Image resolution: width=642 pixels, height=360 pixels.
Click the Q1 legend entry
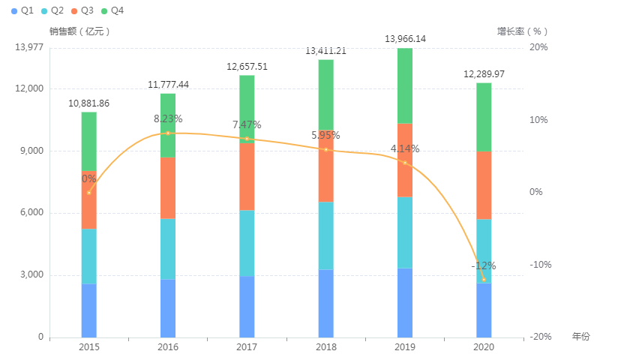click(x=22, y=10)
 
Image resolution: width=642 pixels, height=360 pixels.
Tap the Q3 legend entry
click(x=82, y=10)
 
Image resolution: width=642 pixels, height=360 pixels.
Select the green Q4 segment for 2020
click(x=484, y=116)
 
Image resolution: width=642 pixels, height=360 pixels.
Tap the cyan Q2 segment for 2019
click(x=405, y=232)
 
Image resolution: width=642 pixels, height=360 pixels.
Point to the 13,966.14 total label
click(x=405, y=38)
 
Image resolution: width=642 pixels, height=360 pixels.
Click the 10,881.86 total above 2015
click(x=89, y=103)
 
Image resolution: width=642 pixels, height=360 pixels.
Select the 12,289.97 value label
click(x=484, y=73)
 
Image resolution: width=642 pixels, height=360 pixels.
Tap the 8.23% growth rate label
click(x=168, y=118)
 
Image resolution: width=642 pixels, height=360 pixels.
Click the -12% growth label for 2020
click(x=484, y=265)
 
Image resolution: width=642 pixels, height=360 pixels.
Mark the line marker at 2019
click(x=405, y=163)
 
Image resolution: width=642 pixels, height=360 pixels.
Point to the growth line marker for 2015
click(x=89, y=193)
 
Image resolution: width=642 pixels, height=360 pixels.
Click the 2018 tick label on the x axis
click(x=326, y=347)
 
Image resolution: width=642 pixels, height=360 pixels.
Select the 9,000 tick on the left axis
click(x=31, y=151)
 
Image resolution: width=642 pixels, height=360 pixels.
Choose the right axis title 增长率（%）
click(x=523, y=31)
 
